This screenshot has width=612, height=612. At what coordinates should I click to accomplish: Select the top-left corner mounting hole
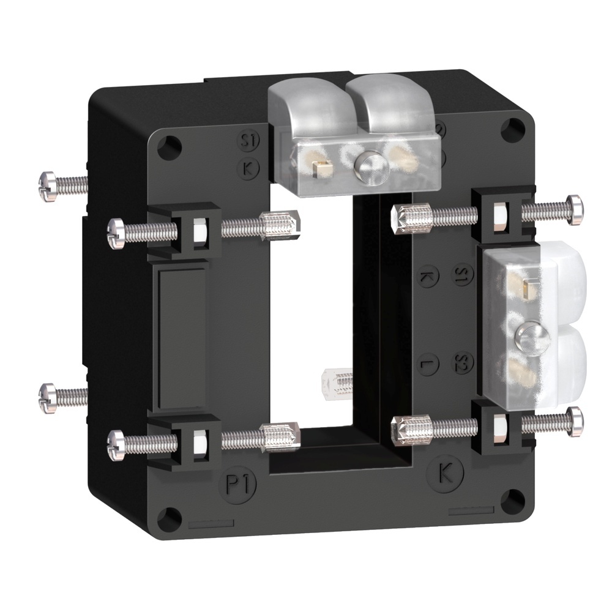[x=171, y=145]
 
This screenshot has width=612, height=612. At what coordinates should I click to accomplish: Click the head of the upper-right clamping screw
[x=575, y=209]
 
